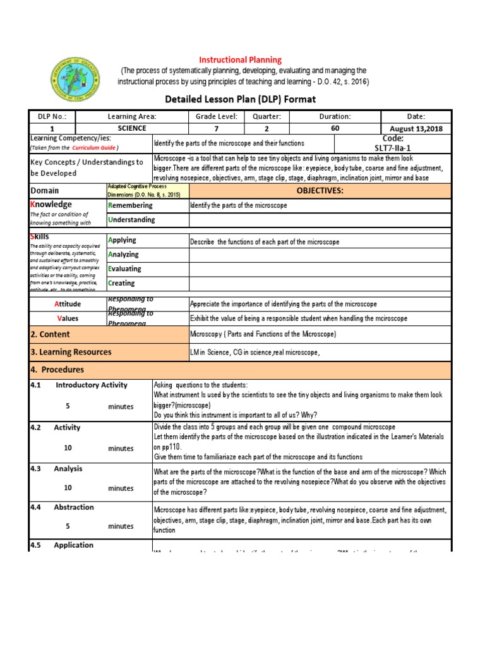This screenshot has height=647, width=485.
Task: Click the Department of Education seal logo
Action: click(76, 82)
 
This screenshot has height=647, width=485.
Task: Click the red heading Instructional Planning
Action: click(241, 59)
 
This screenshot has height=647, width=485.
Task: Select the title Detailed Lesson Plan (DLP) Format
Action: click(240, 99)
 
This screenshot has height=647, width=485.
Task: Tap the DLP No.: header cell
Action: click(52, 116)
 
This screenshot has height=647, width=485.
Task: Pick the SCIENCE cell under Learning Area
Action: click(131, 128)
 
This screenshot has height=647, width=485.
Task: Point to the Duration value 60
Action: click(335, 128)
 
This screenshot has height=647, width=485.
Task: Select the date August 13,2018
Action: click(416, 128)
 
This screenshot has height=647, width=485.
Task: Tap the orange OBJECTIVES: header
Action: click(320, 190)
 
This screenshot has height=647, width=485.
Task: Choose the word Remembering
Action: click(131, 205)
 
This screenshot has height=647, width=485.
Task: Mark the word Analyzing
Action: click(124, 254)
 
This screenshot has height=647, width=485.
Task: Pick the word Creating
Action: click(121, 283)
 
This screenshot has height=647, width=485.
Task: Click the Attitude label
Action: click(69, 304)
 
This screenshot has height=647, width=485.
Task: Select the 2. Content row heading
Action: click(50, 334)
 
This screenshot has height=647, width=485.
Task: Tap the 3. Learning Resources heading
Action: click(71, 352)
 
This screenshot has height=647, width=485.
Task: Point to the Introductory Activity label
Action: click(92, 385)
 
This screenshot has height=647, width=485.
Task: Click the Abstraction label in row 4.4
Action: click(74, 507)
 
